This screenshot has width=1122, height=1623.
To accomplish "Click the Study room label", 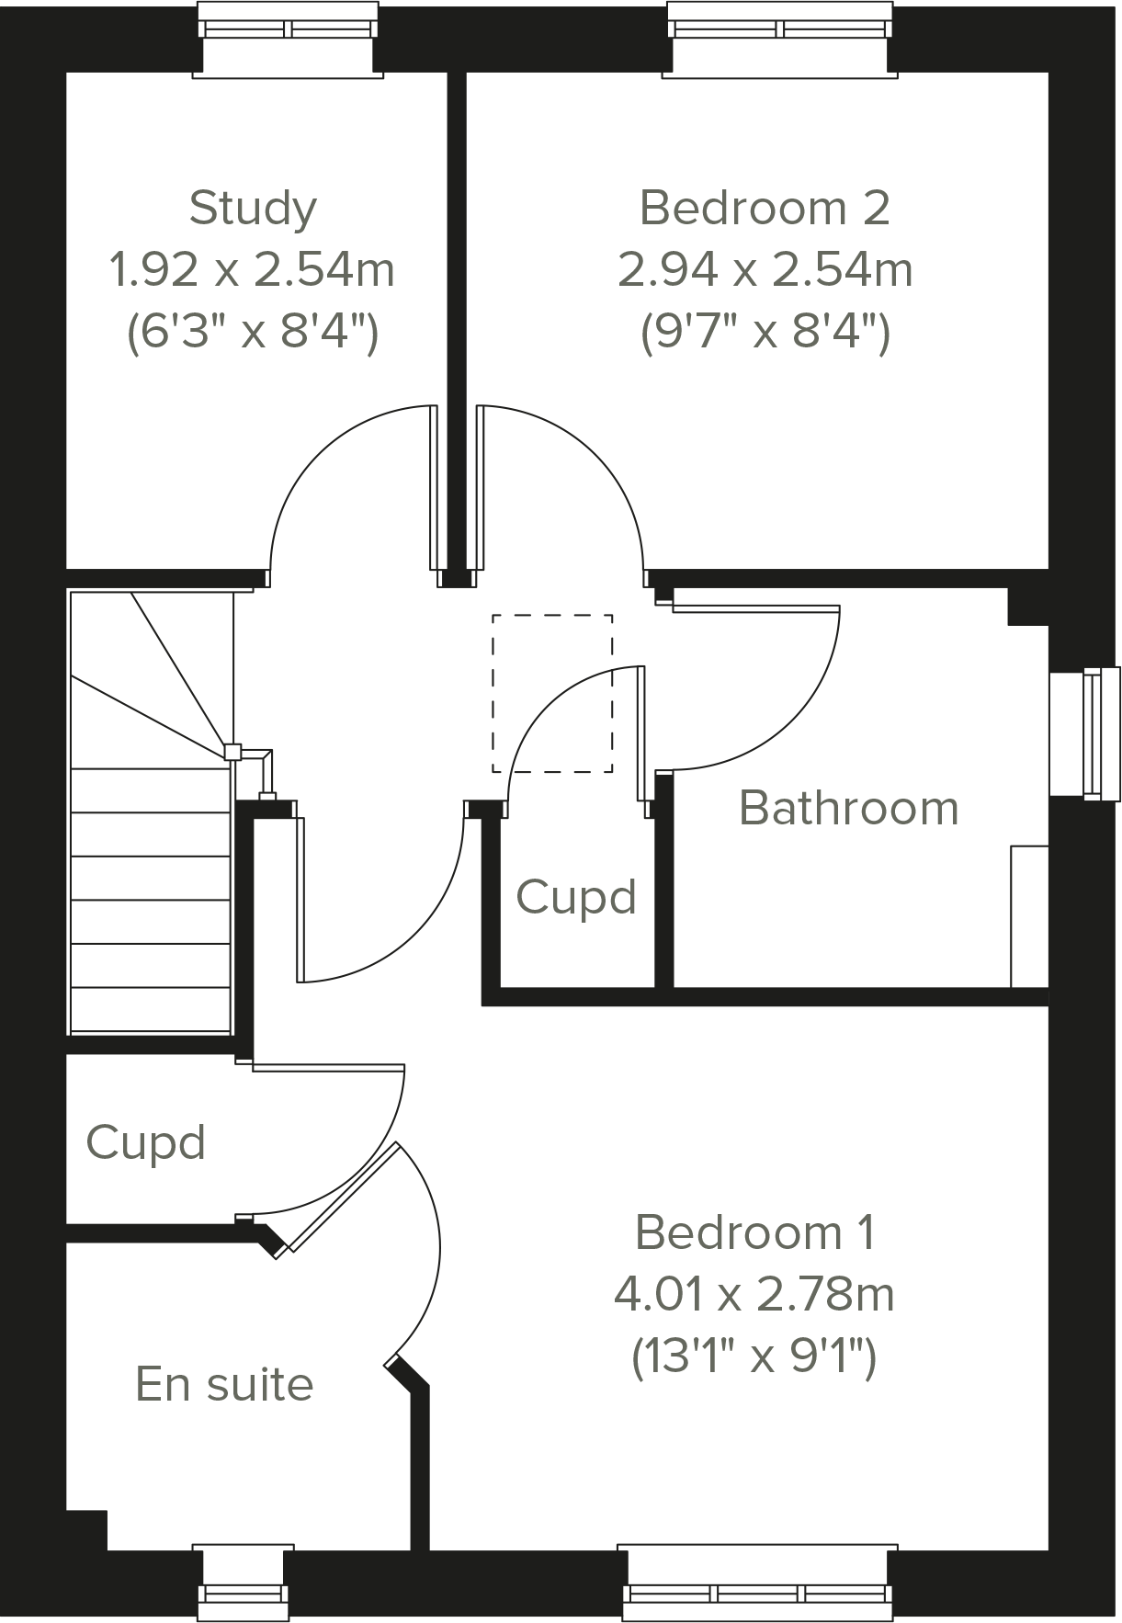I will (253, 208).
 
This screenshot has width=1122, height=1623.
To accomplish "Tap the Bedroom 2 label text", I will (765, 208).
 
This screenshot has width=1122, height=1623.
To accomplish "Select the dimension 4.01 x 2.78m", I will (754, 1294).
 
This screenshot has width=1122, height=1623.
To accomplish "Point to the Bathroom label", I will (848, 808).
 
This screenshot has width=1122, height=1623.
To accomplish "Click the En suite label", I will (224, 1383).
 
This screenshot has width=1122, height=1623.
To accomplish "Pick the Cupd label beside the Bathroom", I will (576, 896).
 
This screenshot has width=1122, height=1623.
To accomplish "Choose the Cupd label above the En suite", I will (145, 1142).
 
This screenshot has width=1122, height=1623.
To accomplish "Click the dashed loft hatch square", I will (552, 693).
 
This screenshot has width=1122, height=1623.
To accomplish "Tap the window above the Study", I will (289, 28).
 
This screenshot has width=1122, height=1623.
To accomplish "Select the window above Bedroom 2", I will (779, 28).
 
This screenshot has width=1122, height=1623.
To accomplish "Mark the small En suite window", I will (243, 1594).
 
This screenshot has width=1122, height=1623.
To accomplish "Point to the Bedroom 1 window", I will (758, 1594).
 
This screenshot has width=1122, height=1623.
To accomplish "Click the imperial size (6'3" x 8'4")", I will (253, 331).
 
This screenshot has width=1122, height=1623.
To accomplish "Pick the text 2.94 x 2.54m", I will (765, 270).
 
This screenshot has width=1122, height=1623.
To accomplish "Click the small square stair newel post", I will (232, 752).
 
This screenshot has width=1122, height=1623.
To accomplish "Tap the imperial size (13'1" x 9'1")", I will (754, 1356).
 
